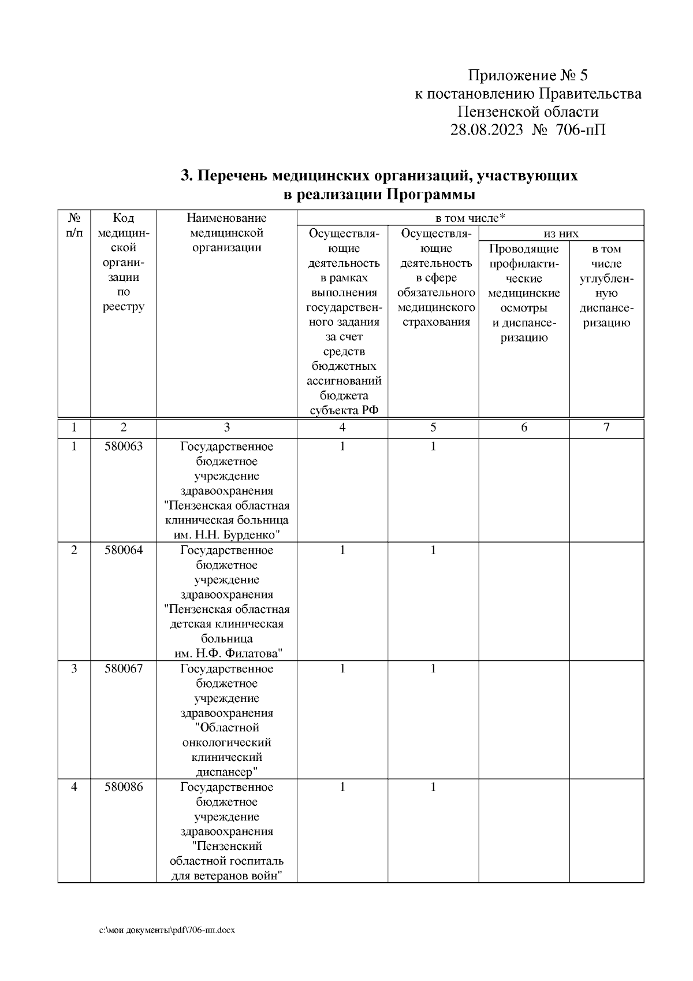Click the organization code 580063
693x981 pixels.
(x=123, y=447)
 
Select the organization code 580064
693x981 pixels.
(x=123, y=550)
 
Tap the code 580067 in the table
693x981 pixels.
(x=123, y=668)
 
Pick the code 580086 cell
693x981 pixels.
(x=123, y=787)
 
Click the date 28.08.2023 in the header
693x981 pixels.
(x=486, y=129)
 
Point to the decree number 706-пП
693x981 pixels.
(x=581, y=129)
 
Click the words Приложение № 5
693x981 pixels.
(x=527, y=76)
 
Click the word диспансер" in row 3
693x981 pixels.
(x=226, y=772)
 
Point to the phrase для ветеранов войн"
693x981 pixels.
(x=226, y=876)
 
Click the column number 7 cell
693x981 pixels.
(x=606, y=428)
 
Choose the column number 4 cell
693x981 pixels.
(x=342, y=428)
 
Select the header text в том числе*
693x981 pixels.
(x=470, y=218)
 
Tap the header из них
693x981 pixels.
(x=561, y=233)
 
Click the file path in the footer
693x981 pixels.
(x=167, y=931)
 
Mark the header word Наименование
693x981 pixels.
(x=226, y=218)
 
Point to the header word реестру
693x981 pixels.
(x=123, y=307)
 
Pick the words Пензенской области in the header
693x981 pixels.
(x=528, y=112)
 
